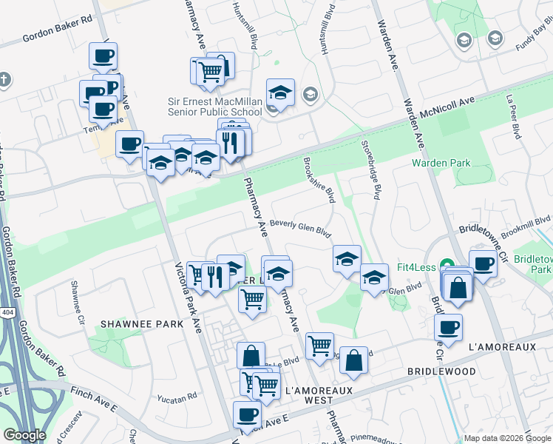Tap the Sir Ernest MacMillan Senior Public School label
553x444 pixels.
214,107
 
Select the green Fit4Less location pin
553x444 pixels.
447,265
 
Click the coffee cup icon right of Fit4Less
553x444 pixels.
483,264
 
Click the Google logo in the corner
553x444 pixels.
24,435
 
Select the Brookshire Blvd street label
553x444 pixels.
320,180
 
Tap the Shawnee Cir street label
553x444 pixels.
75,295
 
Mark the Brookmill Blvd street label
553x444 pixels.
525,221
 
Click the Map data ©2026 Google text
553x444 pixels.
505,438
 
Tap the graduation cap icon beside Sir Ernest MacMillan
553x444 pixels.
280,93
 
